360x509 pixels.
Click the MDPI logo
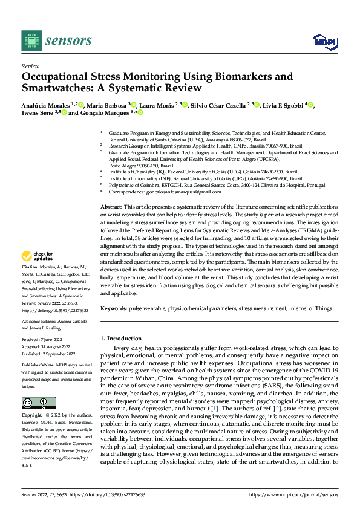[x=324, y=41]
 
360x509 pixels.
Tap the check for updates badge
[x=38, y=273]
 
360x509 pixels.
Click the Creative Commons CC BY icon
[x=38, y=386]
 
